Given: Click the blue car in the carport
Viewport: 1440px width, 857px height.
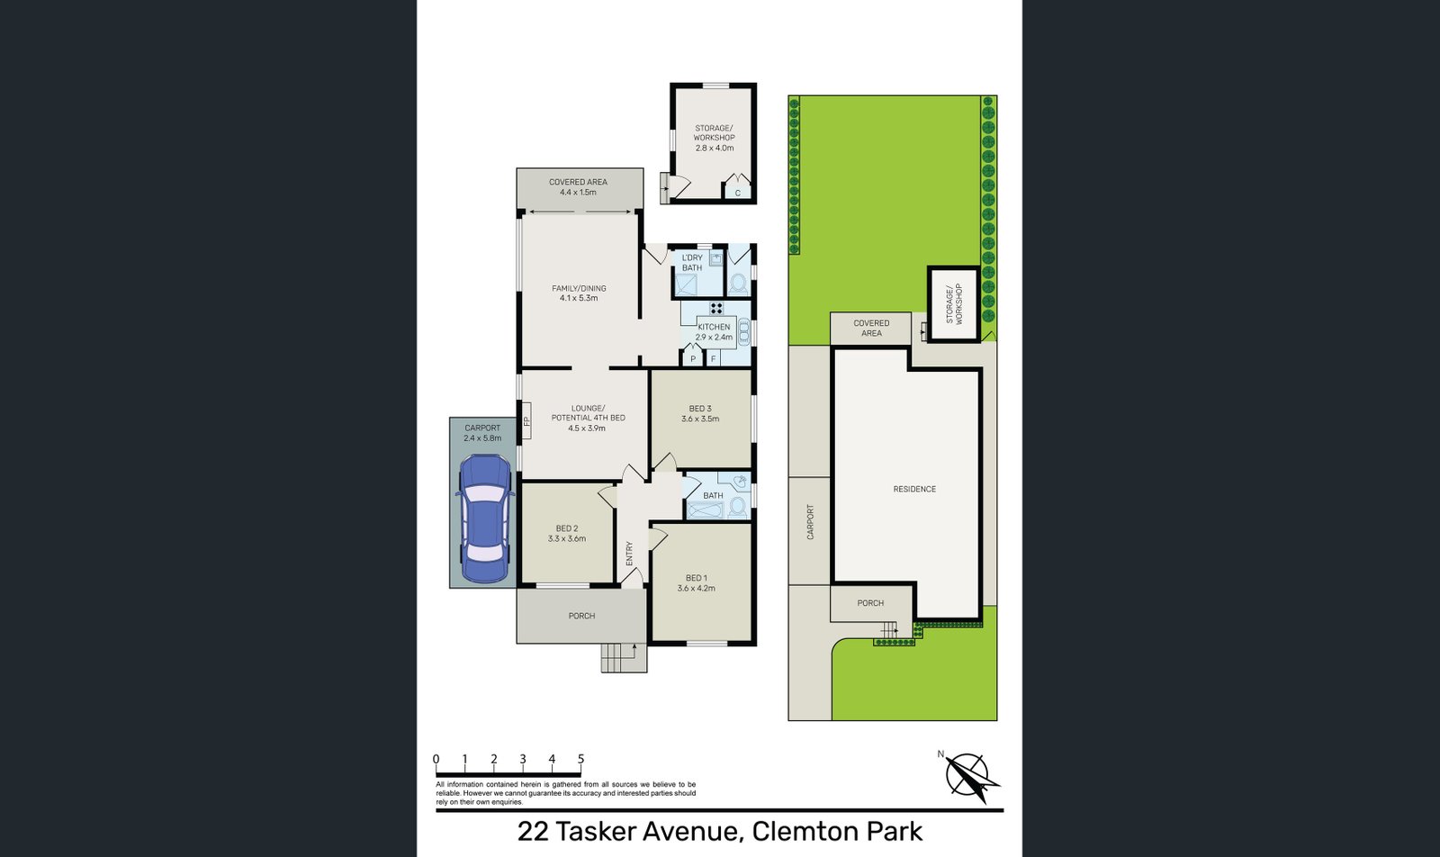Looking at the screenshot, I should (484, 519).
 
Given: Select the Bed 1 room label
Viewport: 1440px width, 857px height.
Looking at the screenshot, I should (697, 578).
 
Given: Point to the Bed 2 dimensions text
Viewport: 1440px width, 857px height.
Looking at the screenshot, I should (567, 539).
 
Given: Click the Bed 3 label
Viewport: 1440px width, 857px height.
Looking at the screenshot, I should (700, 409).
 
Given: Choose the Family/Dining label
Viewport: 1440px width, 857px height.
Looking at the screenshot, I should (579, 288).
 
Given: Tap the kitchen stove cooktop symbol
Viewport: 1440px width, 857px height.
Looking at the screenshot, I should (716, 309).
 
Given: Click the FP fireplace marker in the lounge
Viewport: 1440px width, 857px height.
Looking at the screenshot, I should (526, 420).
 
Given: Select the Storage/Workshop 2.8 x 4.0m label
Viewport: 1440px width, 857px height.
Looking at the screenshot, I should (714, 138).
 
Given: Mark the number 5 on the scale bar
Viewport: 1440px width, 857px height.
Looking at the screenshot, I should (580, 759).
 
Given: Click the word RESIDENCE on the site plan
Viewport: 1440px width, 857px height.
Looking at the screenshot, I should (914, 489).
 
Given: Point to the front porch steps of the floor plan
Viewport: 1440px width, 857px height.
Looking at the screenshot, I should (624, 658).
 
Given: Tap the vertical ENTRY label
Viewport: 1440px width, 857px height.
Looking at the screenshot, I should (629, 554).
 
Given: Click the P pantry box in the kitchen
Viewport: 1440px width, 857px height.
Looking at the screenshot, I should (693, 359).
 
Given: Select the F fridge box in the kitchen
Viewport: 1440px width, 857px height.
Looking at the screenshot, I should (714, 359).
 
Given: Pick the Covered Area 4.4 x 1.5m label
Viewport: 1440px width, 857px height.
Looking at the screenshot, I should (578, 186).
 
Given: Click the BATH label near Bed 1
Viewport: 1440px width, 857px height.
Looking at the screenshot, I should (713, 495).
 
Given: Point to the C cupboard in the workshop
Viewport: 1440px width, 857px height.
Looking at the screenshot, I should (738, 193).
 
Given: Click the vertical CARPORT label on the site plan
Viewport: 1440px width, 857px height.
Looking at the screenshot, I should (810, 522).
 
